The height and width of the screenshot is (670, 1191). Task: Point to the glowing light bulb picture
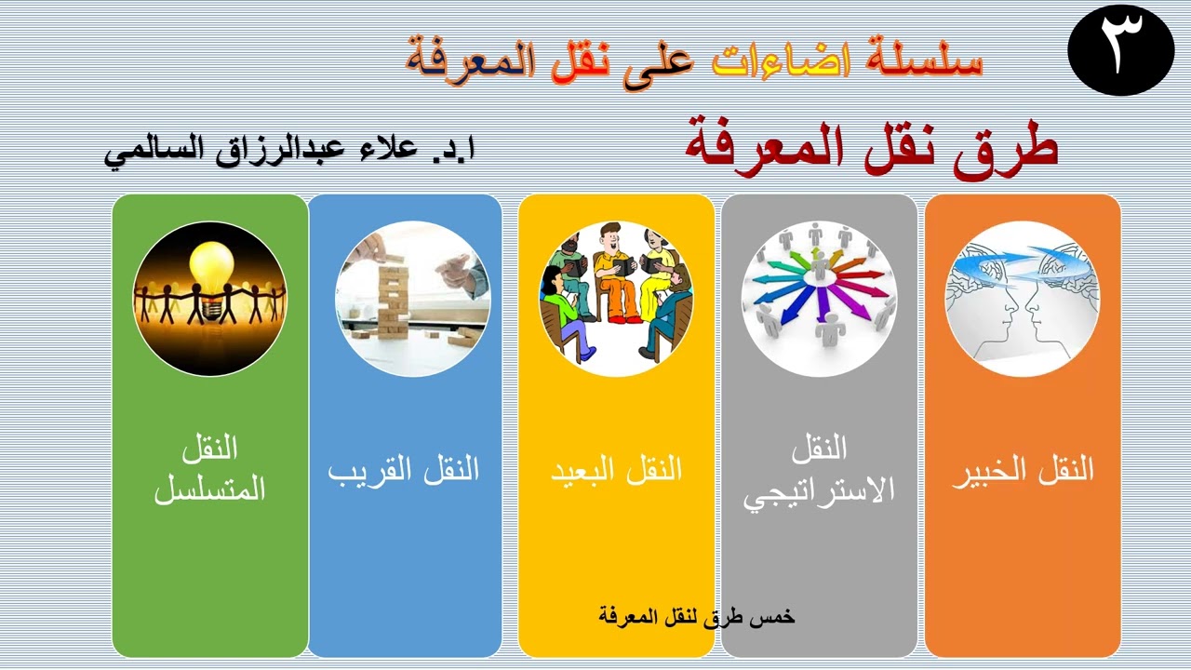210,299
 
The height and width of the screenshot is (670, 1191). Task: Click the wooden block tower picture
412,299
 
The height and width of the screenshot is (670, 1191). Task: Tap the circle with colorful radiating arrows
819,299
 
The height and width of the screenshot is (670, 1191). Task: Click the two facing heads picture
1022,299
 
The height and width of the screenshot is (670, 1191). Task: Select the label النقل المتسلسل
210,469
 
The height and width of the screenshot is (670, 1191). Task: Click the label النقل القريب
404,470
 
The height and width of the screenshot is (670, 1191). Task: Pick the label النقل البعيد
616,470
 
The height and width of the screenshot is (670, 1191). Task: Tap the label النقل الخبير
1023,471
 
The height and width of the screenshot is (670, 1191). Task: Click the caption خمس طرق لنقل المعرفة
697,616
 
